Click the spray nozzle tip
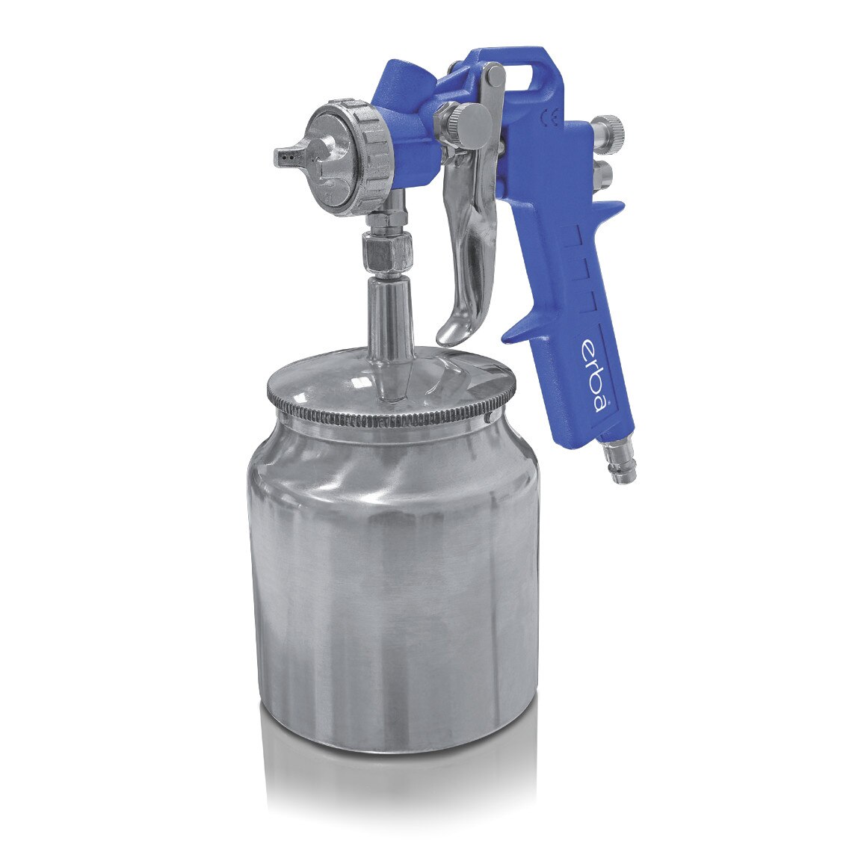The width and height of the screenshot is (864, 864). [285, 156]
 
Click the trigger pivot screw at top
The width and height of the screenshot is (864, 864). [493, 75]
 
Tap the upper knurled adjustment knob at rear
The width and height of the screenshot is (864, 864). [610, 125]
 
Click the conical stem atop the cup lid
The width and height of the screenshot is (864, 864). [389, 321]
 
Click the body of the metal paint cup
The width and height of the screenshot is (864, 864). [392, 583]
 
